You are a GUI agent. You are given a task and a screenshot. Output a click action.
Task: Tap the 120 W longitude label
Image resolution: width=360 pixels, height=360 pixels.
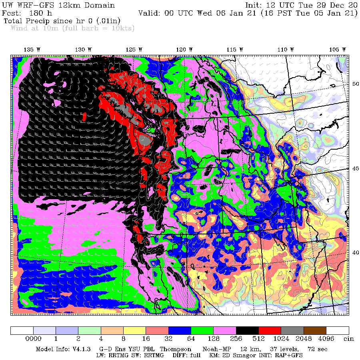point(181,49)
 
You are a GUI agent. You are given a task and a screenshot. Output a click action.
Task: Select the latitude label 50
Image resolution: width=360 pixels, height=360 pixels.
point(355,84)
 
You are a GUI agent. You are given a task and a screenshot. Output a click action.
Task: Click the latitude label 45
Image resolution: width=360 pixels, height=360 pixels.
point(355,168)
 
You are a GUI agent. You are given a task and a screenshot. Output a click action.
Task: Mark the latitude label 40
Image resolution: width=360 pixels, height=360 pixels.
point(355,252)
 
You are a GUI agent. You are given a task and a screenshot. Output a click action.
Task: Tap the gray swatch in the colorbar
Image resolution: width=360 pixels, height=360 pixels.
point(292,330)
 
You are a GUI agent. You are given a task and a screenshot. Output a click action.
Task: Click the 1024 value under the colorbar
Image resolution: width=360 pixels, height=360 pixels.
point(281,339)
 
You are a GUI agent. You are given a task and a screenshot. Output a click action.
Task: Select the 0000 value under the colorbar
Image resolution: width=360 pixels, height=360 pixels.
point(34,339)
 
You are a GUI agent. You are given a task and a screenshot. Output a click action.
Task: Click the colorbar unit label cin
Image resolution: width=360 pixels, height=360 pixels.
point(348,339)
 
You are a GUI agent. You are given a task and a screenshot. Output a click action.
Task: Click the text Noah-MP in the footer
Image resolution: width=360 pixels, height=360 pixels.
point(215,349)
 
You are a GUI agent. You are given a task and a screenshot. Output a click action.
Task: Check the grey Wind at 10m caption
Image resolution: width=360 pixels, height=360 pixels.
point(72,28)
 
